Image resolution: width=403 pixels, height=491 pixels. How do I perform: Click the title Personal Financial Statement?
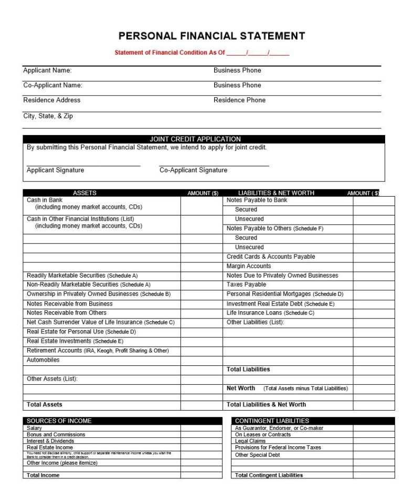click(211, 36)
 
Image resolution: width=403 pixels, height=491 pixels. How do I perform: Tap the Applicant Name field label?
click(48, 70)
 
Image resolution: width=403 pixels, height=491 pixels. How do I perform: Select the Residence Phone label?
click(239, 100)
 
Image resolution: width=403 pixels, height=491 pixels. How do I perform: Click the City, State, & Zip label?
click(48, 116)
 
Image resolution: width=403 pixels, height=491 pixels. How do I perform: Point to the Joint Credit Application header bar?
click(195, 139)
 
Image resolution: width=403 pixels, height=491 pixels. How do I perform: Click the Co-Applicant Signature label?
click(193, 170)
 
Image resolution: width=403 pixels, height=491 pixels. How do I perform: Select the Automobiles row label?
click(43, 361)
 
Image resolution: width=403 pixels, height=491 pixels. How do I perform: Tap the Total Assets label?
click(45, 405)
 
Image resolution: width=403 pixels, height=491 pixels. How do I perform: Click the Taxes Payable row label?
click(246, 285)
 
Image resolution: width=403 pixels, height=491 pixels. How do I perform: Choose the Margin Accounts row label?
click(249, 267)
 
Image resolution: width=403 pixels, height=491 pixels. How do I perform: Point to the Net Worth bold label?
click(241, 388)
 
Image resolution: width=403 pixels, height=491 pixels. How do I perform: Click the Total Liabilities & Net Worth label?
click(266, 405)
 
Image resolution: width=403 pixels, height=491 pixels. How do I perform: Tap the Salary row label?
click(34, 428)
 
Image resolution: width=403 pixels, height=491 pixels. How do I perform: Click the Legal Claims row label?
click(250, 442)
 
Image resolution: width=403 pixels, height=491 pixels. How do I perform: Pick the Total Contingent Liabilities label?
click(269, 475)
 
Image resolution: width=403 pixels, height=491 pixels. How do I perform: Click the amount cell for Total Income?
click(201, 475)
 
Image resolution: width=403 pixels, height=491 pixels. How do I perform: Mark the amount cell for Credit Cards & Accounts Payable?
click(374, 257)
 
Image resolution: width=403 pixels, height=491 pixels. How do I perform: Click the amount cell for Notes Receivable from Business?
click(201, 304)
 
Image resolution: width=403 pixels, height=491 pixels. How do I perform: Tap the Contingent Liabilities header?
click(272, 421)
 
